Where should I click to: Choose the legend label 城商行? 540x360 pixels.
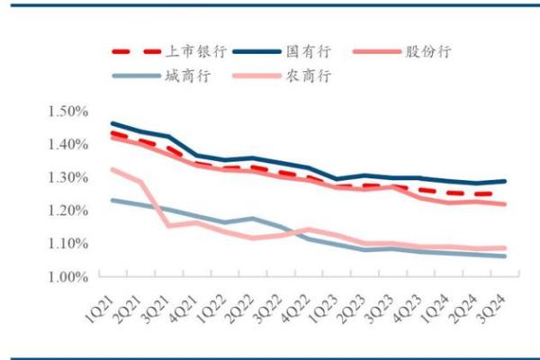pos(187,76)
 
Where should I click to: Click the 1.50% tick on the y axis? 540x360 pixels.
pos(68,112)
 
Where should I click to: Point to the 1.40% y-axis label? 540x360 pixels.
pos(68,144)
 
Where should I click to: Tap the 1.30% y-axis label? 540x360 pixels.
pos(68,177)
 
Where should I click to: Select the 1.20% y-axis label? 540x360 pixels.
pos(68,211)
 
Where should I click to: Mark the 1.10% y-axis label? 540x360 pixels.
pos(68,244)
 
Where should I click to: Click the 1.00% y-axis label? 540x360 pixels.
pos(68,277)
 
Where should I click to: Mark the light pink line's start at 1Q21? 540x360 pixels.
pos(112,168)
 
